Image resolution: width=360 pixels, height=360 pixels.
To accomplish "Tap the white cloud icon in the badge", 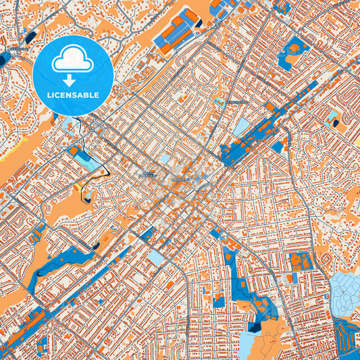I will point(72,61).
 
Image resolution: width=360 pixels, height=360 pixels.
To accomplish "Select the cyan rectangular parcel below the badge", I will point(84,159).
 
